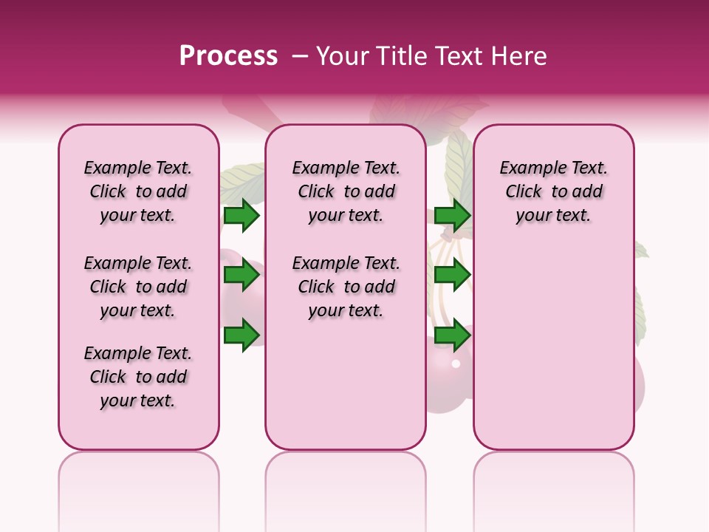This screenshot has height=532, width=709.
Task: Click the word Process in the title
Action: pos(228,56)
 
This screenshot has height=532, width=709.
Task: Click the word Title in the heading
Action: pos(398,56)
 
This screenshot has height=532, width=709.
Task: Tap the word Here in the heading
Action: pos(519,56)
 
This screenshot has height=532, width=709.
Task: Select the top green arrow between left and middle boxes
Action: pos(242,215)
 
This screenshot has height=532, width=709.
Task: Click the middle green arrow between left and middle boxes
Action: pos(242,276)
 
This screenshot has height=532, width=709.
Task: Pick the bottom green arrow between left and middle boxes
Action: pos(242,335)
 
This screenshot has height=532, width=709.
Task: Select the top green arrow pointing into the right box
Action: pos(452,215)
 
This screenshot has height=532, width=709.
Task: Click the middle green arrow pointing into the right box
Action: pos(452,276)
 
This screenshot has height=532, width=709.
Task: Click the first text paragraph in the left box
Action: pos(138,191)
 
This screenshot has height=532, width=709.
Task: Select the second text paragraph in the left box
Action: pos(138,287)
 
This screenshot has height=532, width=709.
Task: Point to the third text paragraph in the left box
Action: pos(138,377)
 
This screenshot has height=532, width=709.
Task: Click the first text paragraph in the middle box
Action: pos(346,191)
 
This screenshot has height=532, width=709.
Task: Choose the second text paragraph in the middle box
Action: pos(346,287)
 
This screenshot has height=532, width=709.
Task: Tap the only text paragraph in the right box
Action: pos(553,191)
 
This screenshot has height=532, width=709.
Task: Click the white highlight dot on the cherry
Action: pos(456,364)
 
